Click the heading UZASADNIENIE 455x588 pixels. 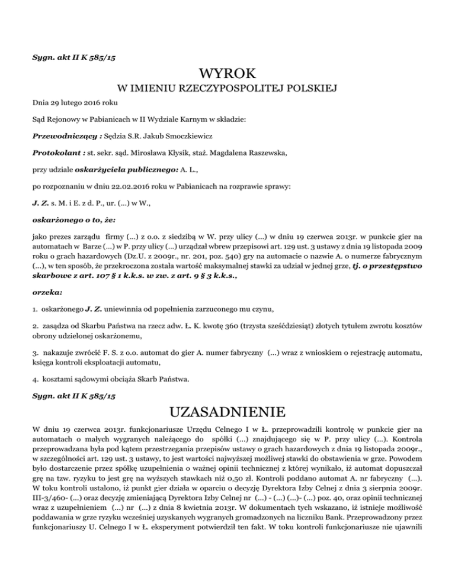(x=227, y=411)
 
